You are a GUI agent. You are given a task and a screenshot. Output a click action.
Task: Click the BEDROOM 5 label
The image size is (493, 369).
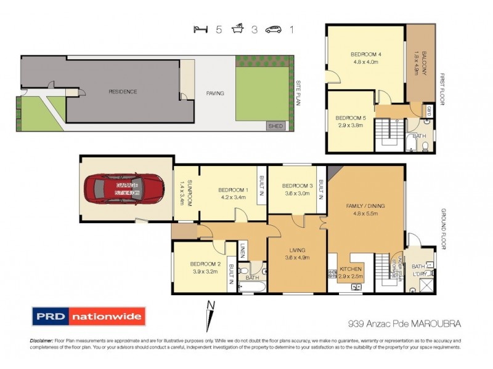350,117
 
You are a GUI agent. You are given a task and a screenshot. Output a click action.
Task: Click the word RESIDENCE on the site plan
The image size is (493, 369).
123,92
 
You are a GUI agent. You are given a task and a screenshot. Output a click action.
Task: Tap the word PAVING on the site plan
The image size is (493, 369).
215,93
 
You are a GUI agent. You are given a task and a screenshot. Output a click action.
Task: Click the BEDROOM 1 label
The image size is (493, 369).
234,189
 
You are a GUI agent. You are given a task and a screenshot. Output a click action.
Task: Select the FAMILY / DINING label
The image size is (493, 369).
366,207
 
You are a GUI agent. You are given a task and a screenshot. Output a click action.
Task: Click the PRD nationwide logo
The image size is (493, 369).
88,317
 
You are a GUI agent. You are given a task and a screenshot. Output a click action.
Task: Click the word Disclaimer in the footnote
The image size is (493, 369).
41,341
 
